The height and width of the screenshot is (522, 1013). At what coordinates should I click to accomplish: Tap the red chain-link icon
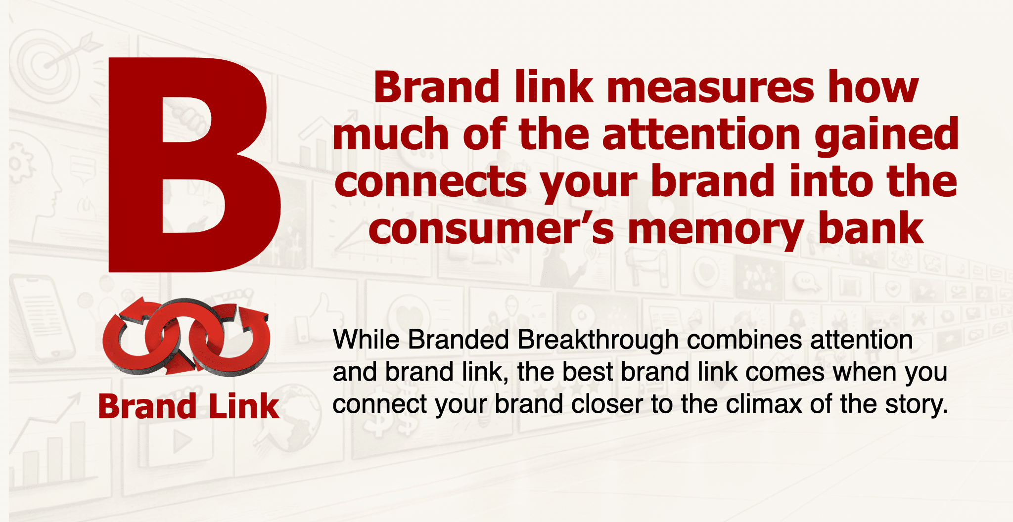[x=186, y=336]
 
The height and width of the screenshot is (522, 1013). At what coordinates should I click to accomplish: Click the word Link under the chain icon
[x=244, y=406]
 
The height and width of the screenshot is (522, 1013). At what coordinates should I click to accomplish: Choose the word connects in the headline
[x=431, y=182]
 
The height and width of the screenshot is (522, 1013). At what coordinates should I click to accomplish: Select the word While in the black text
[x=367, y=340]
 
